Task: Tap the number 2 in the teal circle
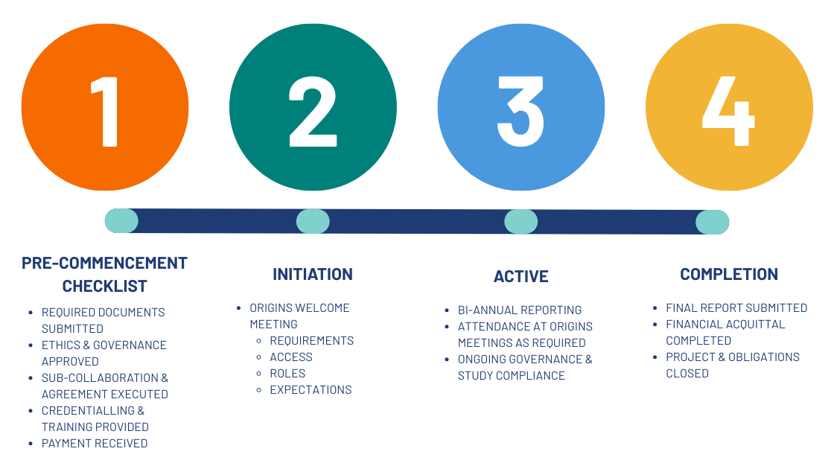pyautogui.click(x=313, y=111)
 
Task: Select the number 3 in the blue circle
pyautogui.click(x=521, y=111)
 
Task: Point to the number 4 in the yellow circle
pyautogui.click(x=729, y=111)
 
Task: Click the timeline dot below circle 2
pyautogui.click(x=313, y=221)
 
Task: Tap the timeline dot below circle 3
pyautogui.click(x=521, y=222)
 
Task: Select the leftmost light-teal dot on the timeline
pyautogui.click(x=121, y=221)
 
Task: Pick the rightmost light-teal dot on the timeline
pyautogui.click(x=712, y=223)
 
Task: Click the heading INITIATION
pyautogui.click(x=313, y=275)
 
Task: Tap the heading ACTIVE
pyautogui.click(x=521, y=276)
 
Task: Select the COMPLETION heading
pyautogui.click(x=729, y=275)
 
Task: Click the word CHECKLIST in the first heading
pyautogui.click(x=105, y=286)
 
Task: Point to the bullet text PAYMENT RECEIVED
pyautogui.click(x=95, y=444)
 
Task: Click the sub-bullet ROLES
pyautogui.click(x=287, y=373)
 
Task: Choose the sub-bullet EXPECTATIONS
pyautogui.click(x=311, y=390)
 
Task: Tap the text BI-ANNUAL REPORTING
pyautogui.click(x=520, y=310)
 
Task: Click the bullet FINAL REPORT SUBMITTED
pyautogui.click(x=736, y=308)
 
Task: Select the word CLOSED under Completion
pyautogui.click(x=687, y=373)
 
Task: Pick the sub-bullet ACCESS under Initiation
pyautogui.click(x=291, y=357)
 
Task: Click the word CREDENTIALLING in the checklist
pyautogui.click(x=89, y=410)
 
